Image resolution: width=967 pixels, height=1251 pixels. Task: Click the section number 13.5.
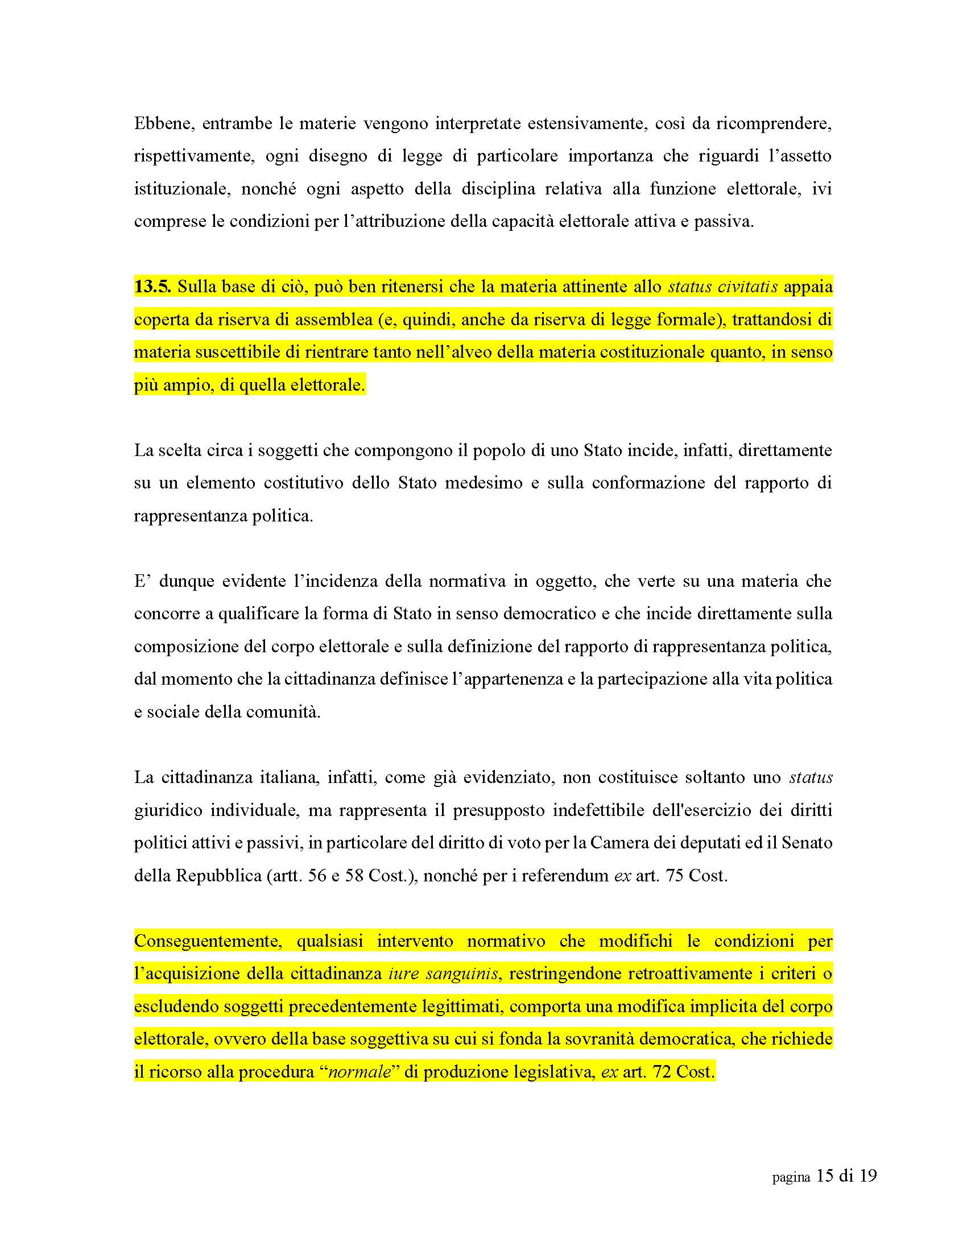(152, 287)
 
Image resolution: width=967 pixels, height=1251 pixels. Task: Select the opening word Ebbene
(163, 123)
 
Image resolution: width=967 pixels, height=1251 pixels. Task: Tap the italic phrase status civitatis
(722, 287)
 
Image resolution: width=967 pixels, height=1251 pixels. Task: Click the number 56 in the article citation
(317, 876)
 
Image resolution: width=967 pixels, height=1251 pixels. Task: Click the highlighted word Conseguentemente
(208, 941)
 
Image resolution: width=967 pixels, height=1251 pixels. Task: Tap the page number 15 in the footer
(824, 1176)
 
